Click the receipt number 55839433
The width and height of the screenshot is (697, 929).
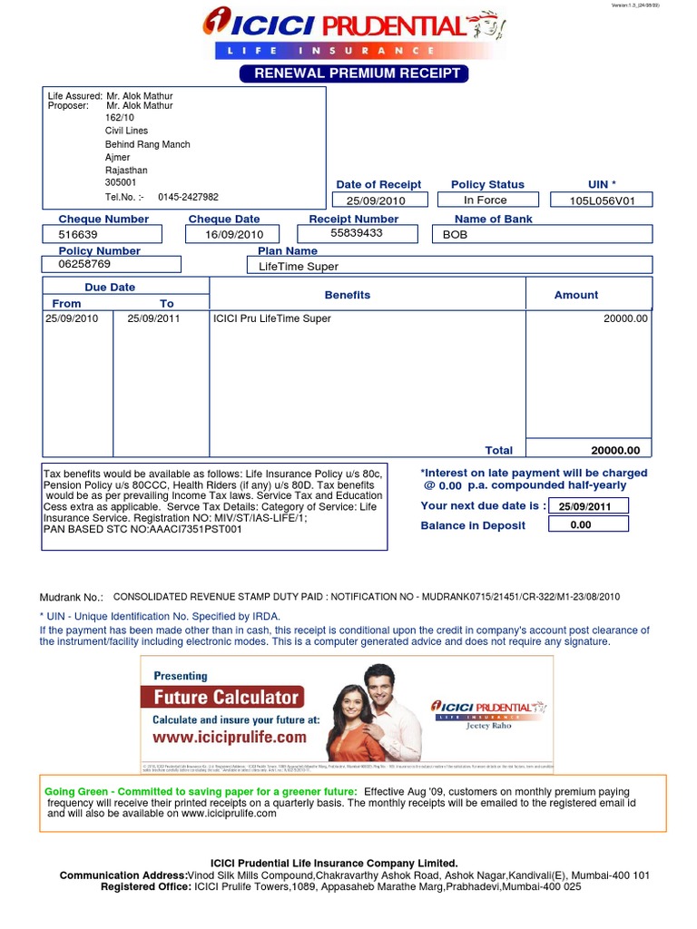click(x=357, y=233)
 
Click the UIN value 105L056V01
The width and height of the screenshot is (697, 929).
click(x=603, y=200)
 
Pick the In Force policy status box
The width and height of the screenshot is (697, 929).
click(x=486, y=200)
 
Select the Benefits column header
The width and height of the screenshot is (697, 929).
click(x=348, y=295)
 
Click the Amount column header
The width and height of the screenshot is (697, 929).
click(x=576, y=295)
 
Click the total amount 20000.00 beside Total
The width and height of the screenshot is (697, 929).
click(x=615, y=450)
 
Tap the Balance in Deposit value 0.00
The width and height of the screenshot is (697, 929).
click(x=580, y=524)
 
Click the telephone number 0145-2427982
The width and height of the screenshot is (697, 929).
click(x=188, y=197)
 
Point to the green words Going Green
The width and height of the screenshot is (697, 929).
click(x=78, y=791)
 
